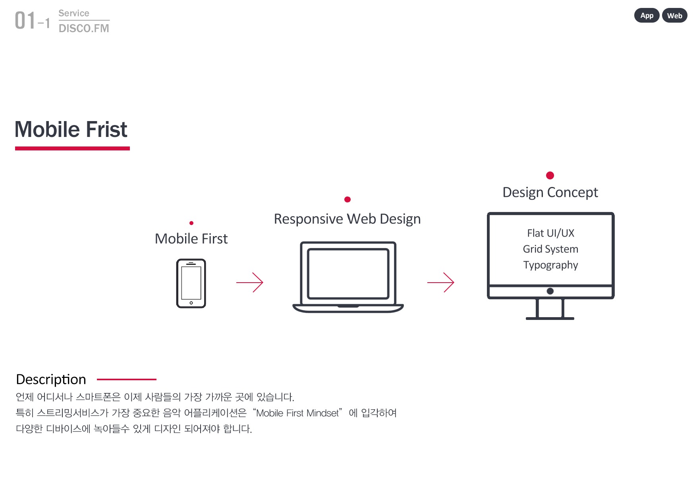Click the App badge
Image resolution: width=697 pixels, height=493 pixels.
(x=647, y=15)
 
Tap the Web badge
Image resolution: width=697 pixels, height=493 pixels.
(x=674, y=15)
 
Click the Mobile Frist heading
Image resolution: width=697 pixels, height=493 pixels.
(x=71, y=129)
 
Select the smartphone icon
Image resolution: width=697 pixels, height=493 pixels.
(x=191, y=283)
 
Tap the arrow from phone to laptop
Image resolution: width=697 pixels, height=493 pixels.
(x=250, y=282)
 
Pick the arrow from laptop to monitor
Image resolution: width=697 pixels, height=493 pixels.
(x=441, y=282)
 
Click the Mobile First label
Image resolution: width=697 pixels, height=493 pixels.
(x=191, y=239)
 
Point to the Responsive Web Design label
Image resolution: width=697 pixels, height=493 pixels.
(x=347, y=219)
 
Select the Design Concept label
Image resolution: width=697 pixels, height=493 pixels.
(x=550, y=193)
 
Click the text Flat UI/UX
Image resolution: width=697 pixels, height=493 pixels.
(x=550, y=233)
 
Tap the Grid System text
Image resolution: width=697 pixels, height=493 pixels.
(x=550, y=249)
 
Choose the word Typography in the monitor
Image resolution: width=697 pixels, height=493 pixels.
(x=550, y=265)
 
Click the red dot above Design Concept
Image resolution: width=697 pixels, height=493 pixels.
(x=550, y=175)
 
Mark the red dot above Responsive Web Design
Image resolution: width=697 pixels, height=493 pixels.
(x=348, y=199)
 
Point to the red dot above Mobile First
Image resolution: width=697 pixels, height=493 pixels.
(x=191, y=223)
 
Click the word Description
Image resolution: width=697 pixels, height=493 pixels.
(x=51, y=379)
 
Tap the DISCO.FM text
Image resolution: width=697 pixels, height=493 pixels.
(x=84, y=28)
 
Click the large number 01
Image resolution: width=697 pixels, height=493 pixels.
(x=25, y=20)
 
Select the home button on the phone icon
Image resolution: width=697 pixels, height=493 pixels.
(x=191, y=303)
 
